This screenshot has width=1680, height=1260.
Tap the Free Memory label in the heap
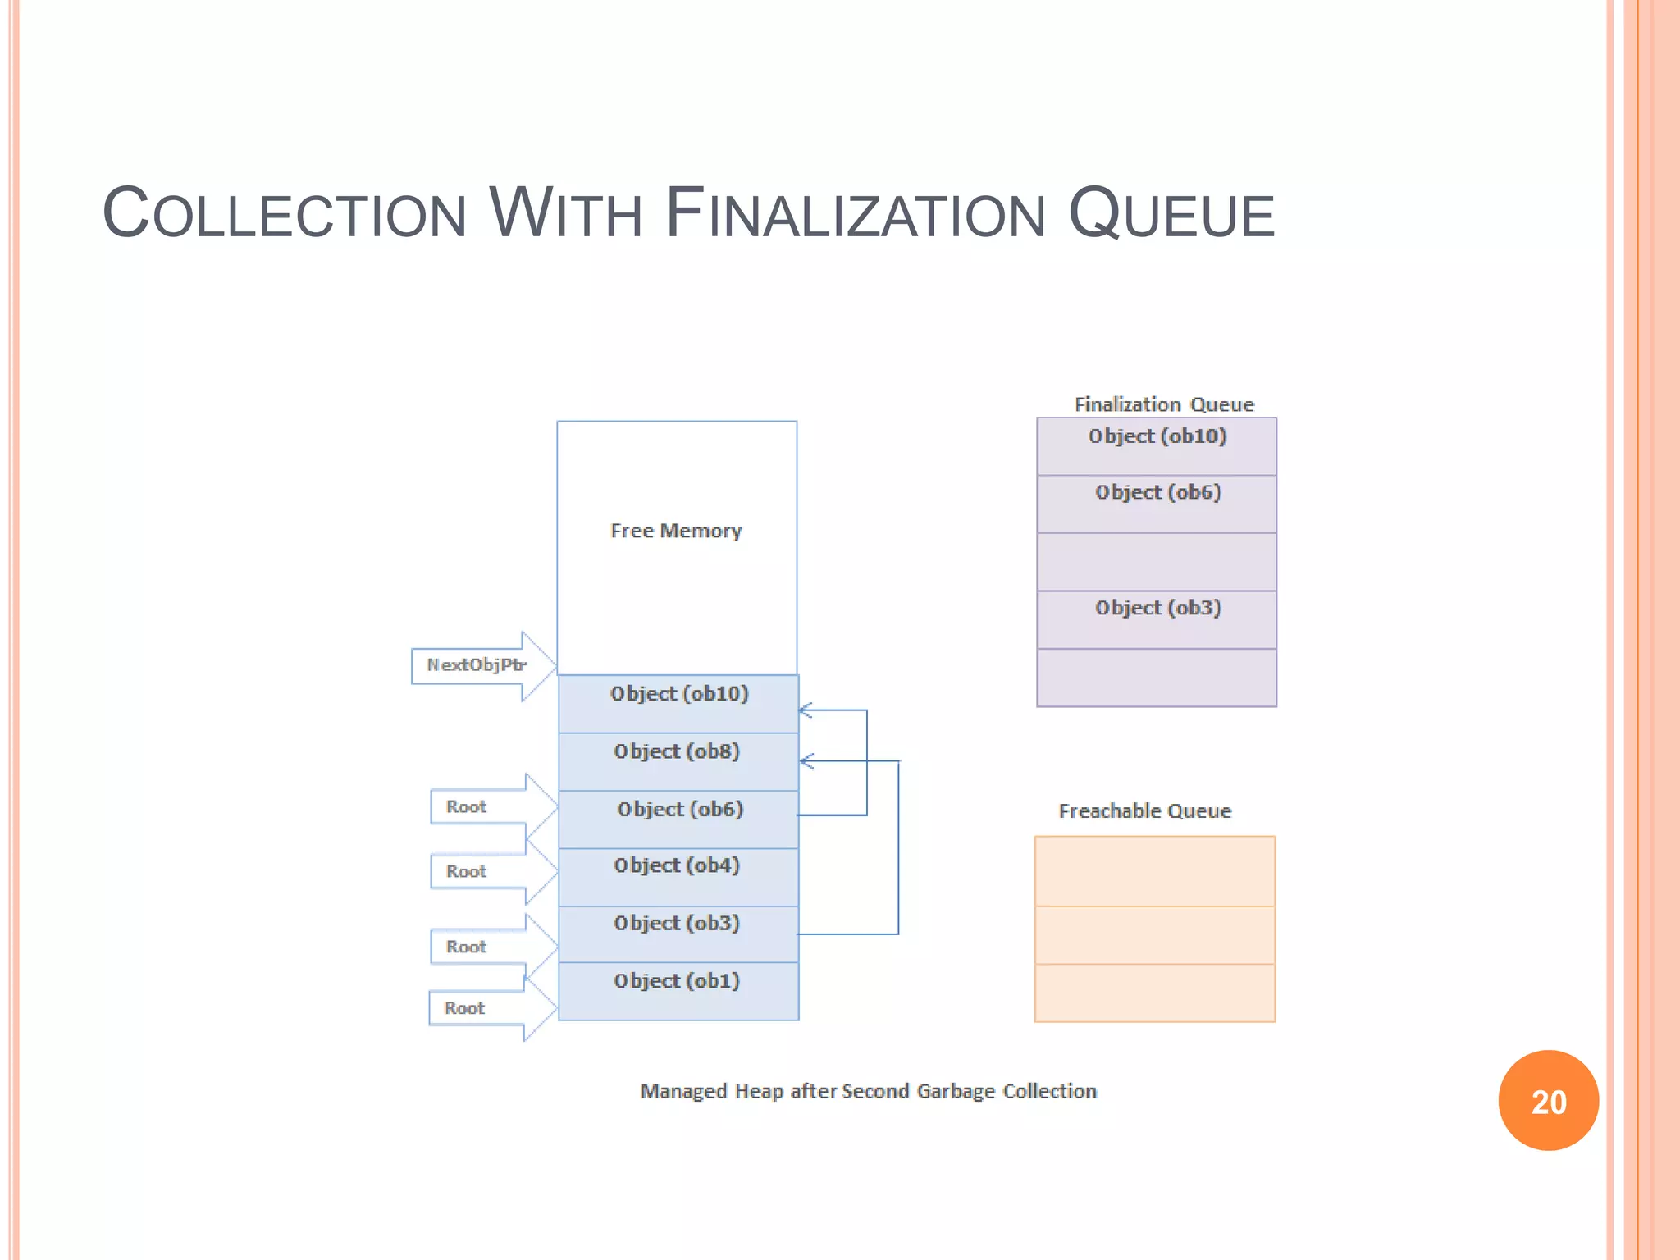tap(676, 532)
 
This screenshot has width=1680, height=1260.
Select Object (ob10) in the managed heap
tap(679, 695)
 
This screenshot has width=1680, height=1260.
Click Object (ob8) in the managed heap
tap(678, 752)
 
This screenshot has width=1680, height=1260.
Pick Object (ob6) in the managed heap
tap(680, 810)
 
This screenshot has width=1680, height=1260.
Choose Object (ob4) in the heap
tap(678, 866)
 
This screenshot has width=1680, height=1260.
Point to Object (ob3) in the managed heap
tap(678, 924)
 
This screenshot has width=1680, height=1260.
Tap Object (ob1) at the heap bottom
tap(678, 981)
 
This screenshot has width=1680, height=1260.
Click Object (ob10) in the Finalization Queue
tap(1157, 437)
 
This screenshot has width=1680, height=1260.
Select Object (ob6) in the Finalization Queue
tap(1157, 493)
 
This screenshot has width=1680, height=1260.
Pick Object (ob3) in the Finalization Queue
tap(1157, 609)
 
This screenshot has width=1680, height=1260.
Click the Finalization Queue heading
tap(1163, 404)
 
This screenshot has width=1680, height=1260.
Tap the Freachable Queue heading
tap(1144, 811)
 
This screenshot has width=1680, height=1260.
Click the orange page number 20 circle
tap(1548, 1101)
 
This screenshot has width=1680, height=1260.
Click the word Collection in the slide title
tap(284, 214)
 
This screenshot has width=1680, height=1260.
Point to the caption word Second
tap(874, 1092)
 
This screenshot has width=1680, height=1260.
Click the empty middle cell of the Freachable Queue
tap(1154, 935)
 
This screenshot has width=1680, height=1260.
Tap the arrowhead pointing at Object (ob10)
tap(806, 710)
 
